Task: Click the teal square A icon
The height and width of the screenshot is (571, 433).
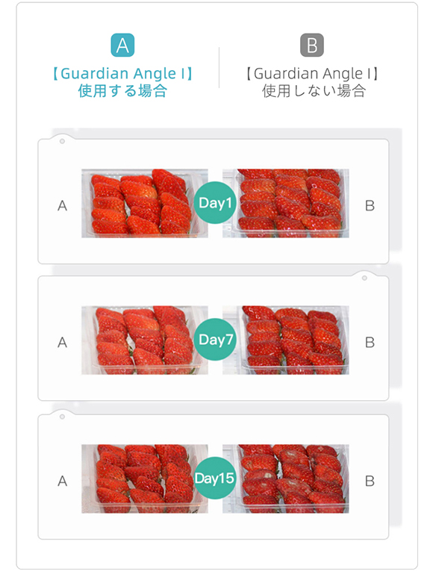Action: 122,45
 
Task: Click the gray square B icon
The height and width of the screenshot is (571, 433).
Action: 312,45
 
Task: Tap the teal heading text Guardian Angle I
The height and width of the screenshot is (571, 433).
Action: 122,74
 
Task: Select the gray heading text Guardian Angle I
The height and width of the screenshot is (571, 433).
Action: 312,74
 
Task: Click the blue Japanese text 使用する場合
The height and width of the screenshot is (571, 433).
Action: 122,90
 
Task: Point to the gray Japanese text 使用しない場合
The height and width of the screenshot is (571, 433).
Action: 314,90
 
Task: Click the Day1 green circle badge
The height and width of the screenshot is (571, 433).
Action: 215,202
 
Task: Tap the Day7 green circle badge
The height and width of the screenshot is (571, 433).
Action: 215,340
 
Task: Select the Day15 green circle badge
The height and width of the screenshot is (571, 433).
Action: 214,478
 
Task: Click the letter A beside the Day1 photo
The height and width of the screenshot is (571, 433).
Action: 62,206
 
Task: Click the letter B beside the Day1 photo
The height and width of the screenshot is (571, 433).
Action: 370,206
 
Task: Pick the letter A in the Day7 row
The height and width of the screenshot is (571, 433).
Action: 62,343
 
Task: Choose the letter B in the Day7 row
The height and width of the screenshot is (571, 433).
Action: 370,343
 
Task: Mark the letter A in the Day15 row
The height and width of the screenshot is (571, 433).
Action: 62,481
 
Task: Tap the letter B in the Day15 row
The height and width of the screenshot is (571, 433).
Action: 370,481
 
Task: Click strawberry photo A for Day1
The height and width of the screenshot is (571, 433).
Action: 145,203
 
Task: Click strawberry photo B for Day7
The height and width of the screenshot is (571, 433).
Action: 285,340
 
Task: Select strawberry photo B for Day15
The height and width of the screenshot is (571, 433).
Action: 285,478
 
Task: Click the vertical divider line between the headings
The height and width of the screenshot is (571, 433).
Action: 219,67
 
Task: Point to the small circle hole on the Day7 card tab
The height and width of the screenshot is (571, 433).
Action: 364,278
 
